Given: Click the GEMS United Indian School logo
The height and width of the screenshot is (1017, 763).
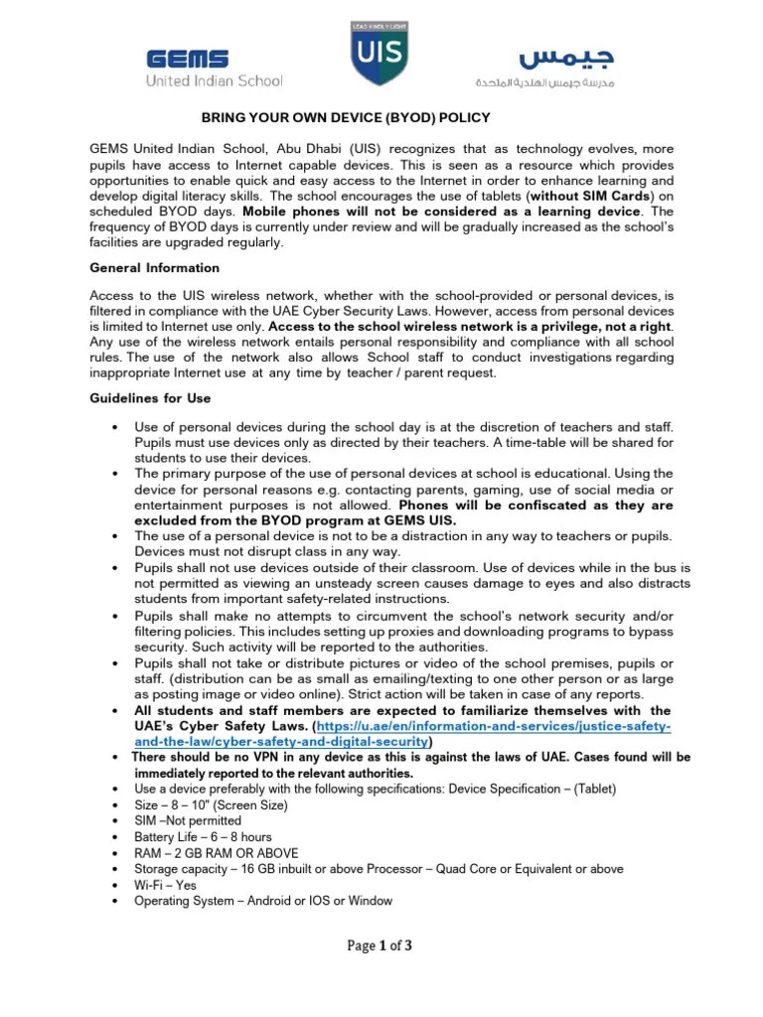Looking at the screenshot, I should tap(215, 68).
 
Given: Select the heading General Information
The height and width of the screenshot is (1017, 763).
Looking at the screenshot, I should tap(154, 268).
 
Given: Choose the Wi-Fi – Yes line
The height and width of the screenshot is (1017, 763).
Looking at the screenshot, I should tap(165, 885).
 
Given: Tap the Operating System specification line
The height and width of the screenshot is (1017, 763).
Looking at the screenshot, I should tap(263, 901).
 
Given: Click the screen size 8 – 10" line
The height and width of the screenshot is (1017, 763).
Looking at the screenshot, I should tap(204, 805).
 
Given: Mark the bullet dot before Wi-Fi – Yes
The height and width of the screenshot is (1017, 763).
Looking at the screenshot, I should tap(117, 885).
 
